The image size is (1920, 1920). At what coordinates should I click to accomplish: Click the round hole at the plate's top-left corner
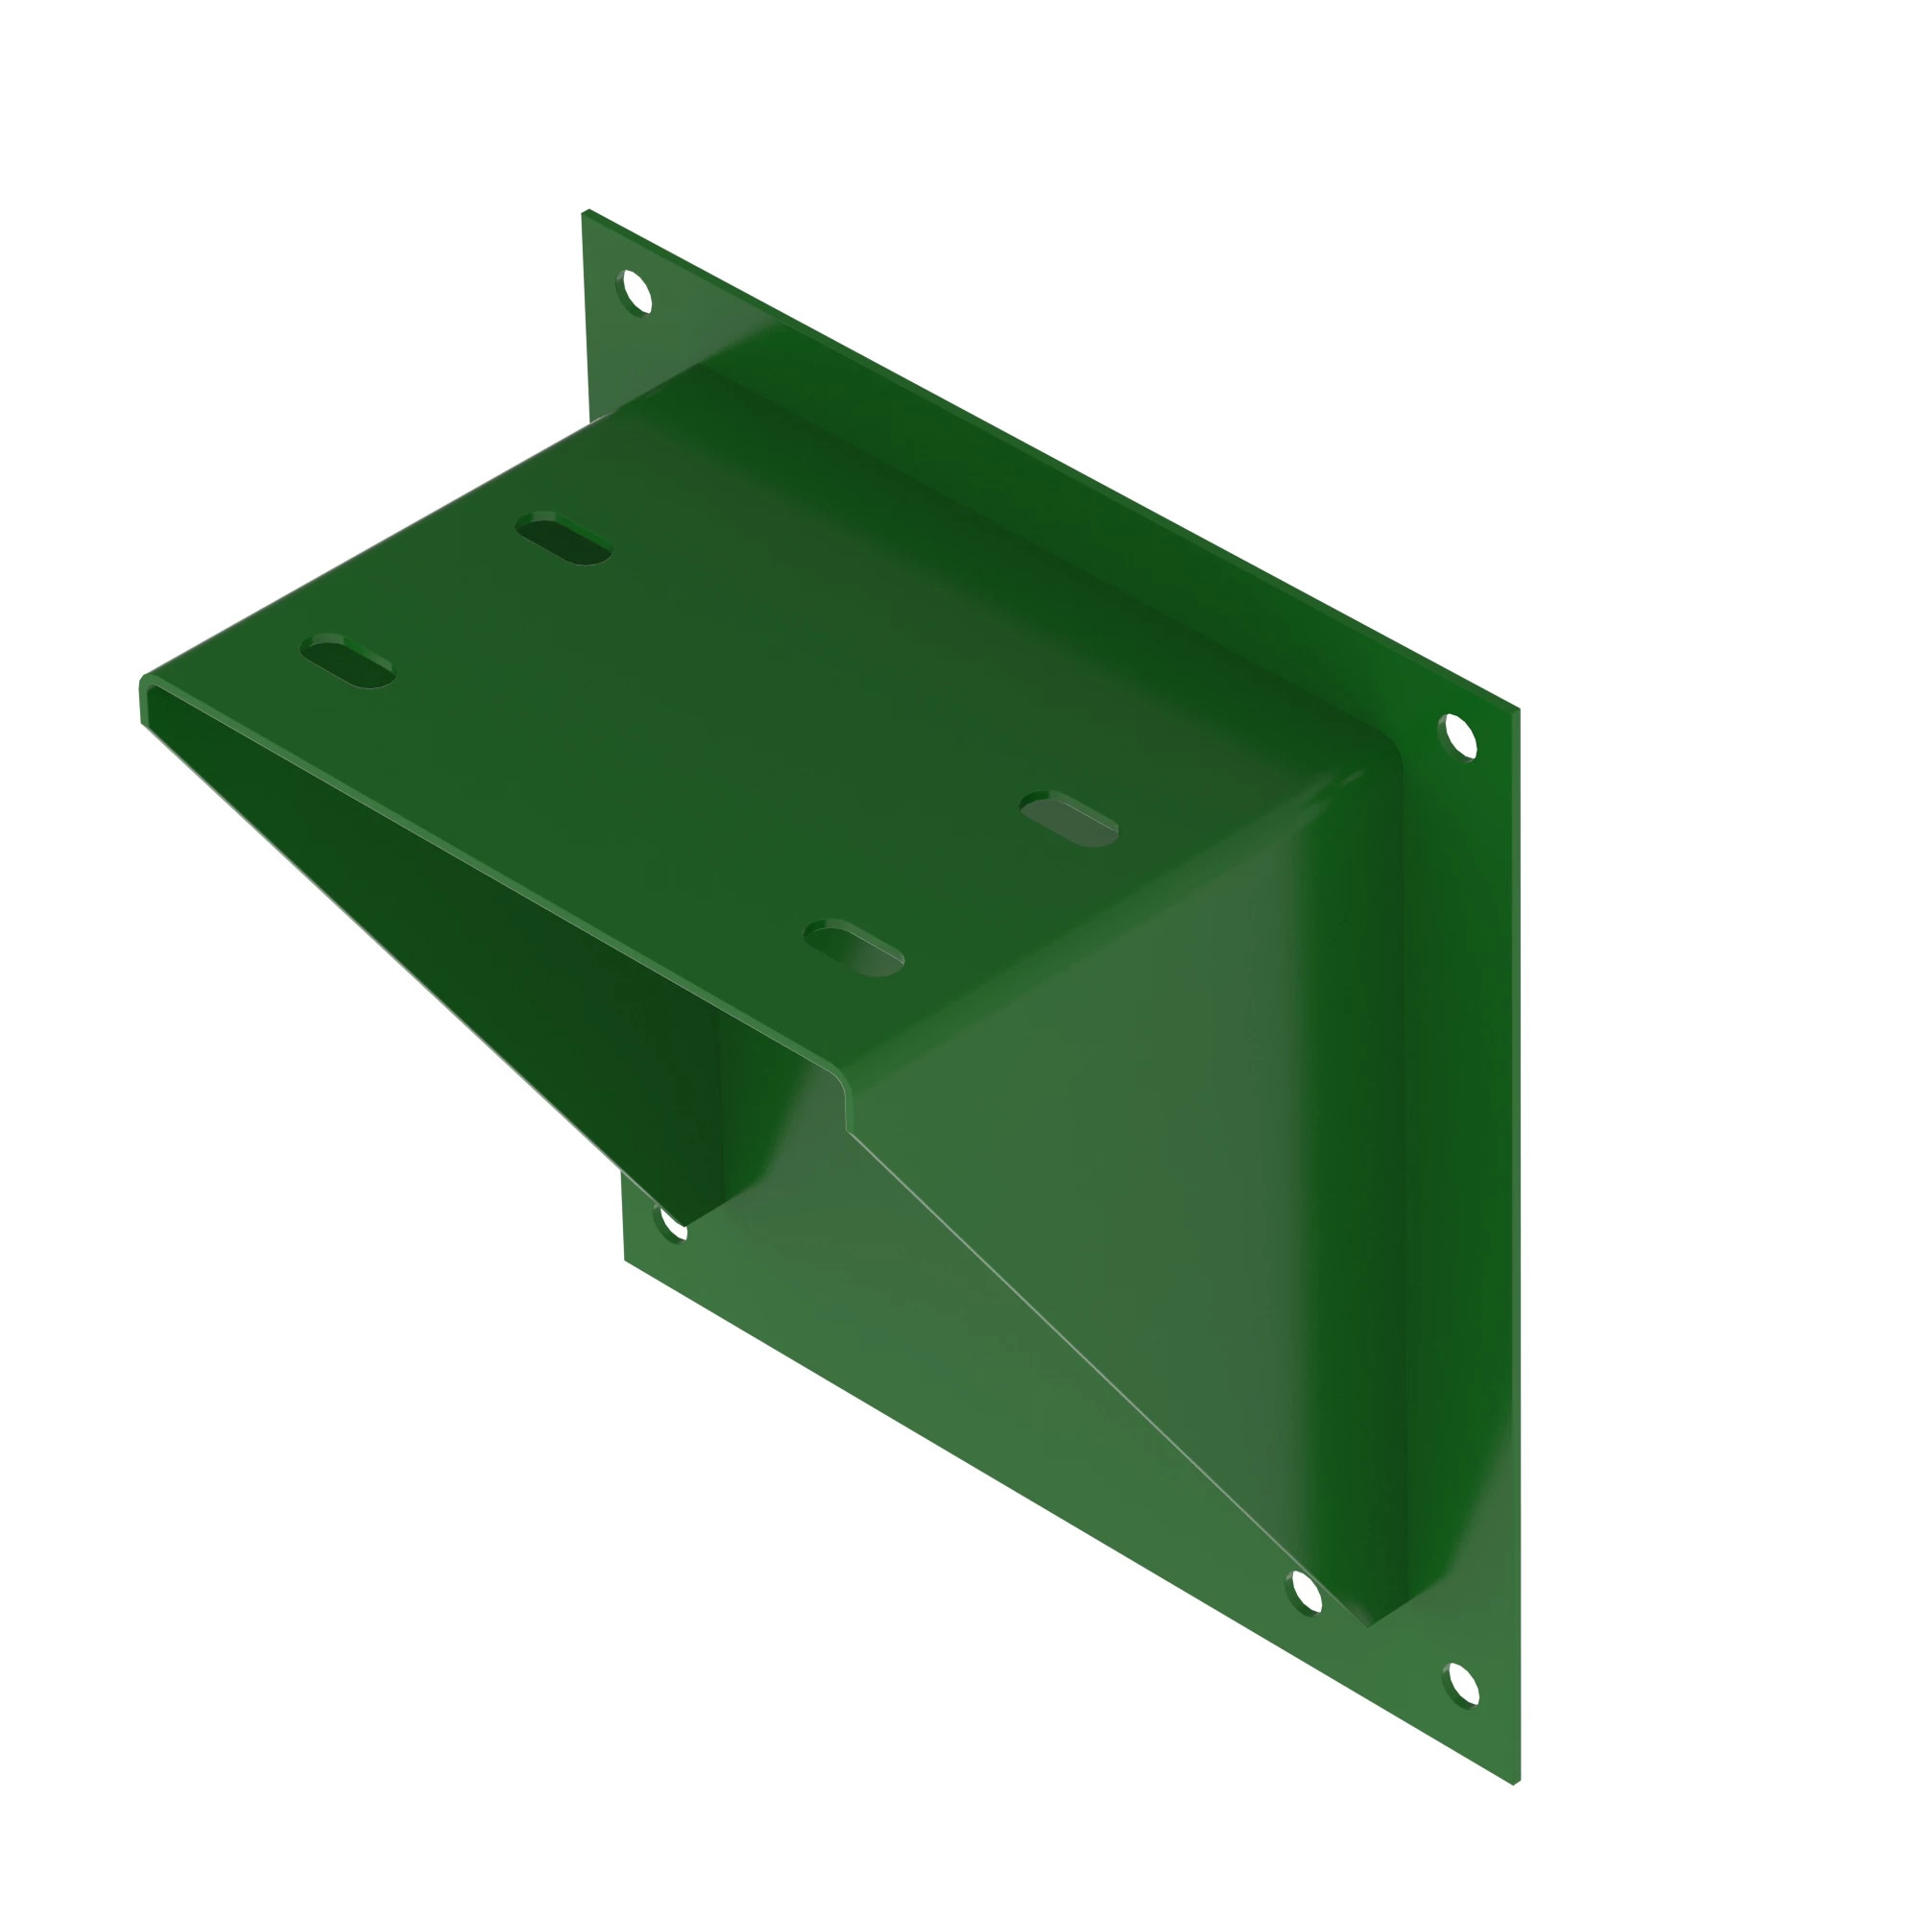(x=635, y=291)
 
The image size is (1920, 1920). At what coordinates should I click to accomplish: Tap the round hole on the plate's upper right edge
(x=1459, y=736)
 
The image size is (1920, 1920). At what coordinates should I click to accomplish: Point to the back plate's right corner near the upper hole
(x=1516, y=709)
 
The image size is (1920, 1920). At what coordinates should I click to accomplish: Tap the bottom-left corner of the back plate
(x=625, y=1260)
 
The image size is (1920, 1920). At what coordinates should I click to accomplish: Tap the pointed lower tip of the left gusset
(x=685, y=1224)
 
